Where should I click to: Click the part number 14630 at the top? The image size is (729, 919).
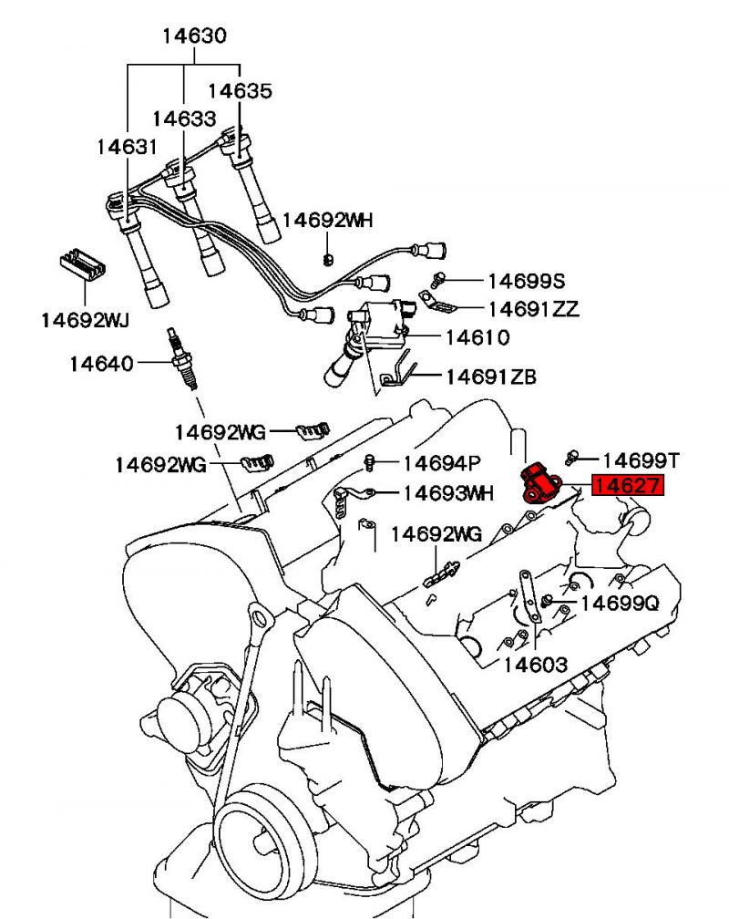(194, 36)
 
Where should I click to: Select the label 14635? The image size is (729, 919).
(240, 91)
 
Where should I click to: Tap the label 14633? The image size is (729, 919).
(184, 119)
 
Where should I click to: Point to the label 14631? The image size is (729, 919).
(128, 146)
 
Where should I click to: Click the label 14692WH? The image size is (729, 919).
(327, 221)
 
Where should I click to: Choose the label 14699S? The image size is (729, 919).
(527, 282)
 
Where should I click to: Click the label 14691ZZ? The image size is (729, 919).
(533, 309)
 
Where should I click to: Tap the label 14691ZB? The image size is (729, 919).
(490, 376)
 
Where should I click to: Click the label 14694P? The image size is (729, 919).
(442, 463)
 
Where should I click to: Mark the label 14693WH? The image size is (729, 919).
(447, 493)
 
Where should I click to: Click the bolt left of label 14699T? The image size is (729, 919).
(572, 455)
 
